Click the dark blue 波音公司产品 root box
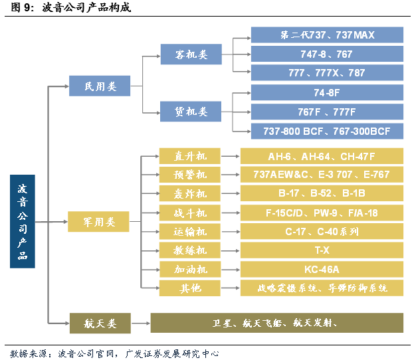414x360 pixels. (x=23, y=221)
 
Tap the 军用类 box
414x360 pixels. (x=100, y=221)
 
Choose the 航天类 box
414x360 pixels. (x=100, y=323)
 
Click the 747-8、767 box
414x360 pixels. (x=327, y=54)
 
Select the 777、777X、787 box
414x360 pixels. (x=327, y=73)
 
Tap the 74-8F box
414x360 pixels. (x=327, y=92)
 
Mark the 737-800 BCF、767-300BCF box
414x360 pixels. (x=327, y=131)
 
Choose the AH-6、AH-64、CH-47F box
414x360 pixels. (x=322, y=156)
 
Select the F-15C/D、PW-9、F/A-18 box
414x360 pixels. (x=322, y=213)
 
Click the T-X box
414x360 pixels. (x=322, y=250)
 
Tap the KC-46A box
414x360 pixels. (x=322, y=269)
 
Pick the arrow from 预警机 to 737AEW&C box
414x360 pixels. (x=230, y=175)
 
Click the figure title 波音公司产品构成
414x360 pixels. (x=86, y=9)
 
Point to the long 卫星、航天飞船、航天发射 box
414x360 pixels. (x=276, y=323)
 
